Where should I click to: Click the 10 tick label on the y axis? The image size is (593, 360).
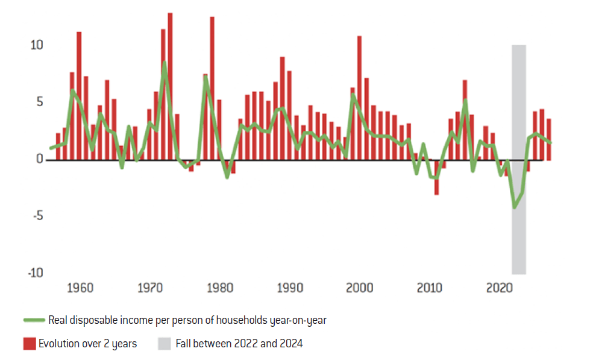pyautogui.click(x=36, y=46)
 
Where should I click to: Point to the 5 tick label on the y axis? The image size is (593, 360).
pyautogui.click(x=39, y=103)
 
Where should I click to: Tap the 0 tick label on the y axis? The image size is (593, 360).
pyautogui.click(x=39, y=160)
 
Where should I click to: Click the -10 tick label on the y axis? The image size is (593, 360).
pyautogui.click(x=35, y=273)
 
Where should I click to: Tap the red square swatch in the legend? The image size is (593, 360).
pyautogui.click(x=30, y=344)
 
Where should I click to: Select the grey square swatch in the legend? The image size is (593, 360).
pyautogui.click(x=165, y=344)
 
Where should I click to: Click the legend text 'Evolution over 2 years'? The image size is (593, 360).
pyautogui.click(x=87, y=344)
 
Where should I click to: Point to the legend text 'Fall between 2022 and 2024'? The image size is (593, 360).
pyautogui.click(x=239, y=344)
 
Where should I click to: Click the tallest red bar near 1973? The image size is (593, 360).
pyautogui.click(x=170, y=84)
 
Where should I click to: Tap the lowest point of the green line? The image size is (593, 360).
pyautogui.click(x=514, y=207)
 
